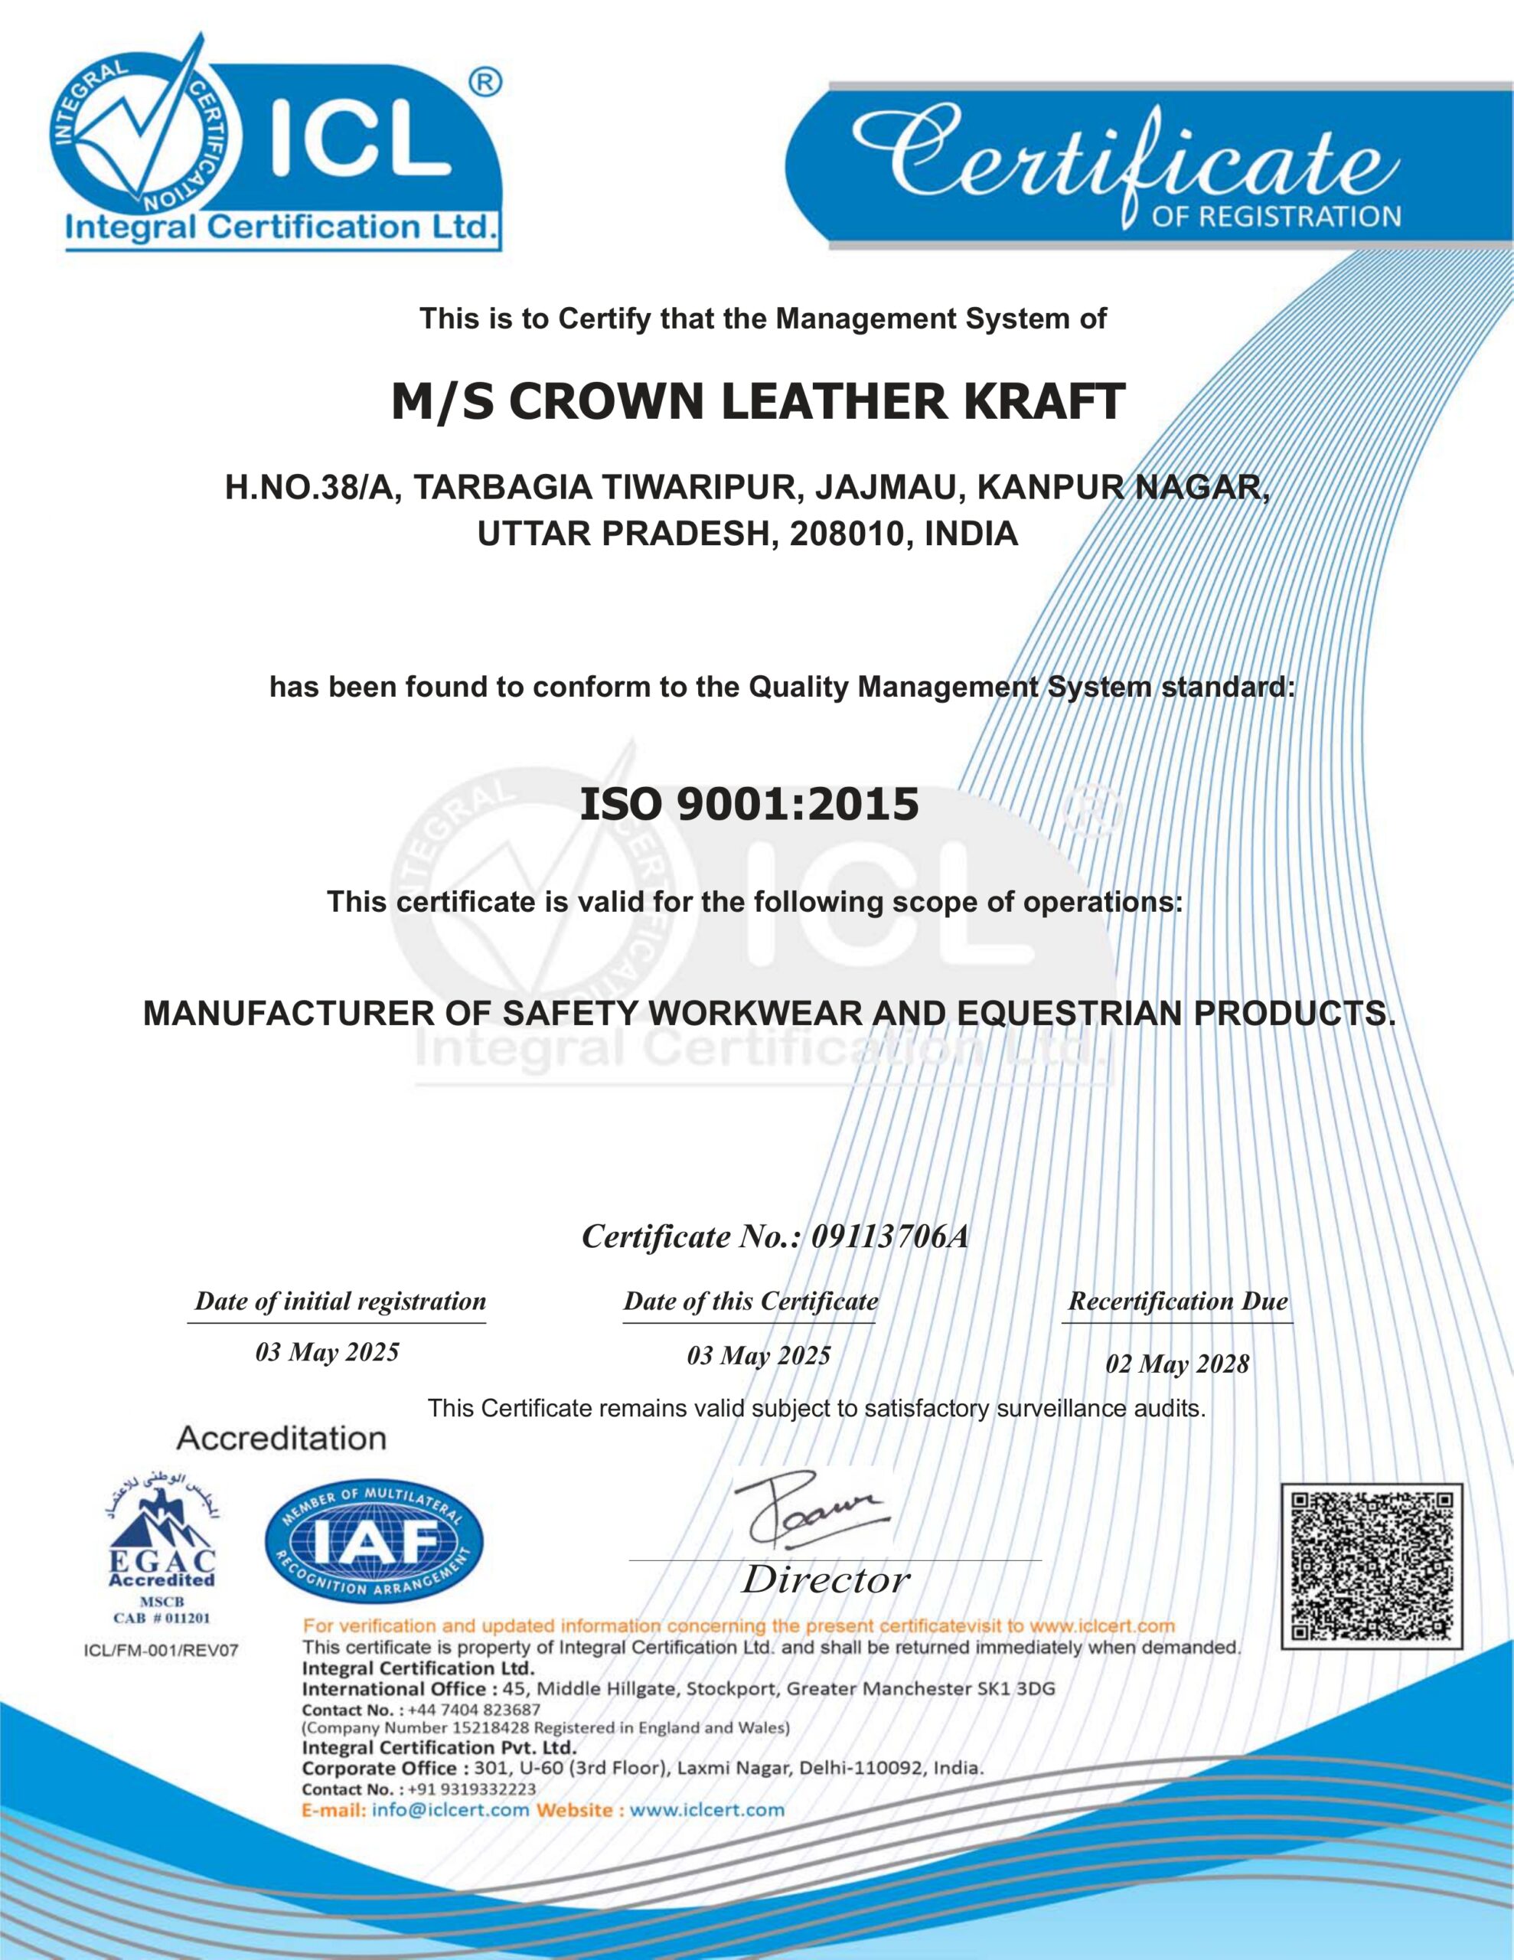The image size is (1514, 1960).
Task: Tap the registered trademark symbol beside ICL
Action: pyautogui.click(x=485, y=83)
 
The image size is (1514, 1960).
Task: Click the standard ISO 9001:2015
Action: pyautogui.click(x=749, y=804)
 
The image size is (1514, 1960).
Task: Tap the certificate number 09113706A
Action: pyautogui.click(x=889, y=1236)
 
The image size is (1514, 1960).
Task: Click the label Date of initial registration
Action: pyautogui.click(x=340, y=1302)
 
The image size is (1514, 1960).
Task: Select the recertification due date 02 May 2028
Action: pyautogui.click(x=1176, y=1364)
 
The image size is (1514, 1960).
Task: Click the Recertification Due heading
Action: pyautogui.click(x=1177, y=1302)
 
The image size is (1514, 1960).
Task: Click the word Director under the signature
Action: pyautogui.click(x=825, y=1579)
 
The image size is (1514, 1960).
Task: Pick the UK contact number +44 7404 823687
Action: pyautogui.click(x=474, y=1710)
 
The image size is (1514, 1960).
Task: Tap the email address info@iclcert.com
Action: pyautogui.click(x=451, y=1809)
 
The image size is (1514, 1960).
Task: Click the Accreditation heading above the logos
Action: pyautogui.click(x=281, y=1439)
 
